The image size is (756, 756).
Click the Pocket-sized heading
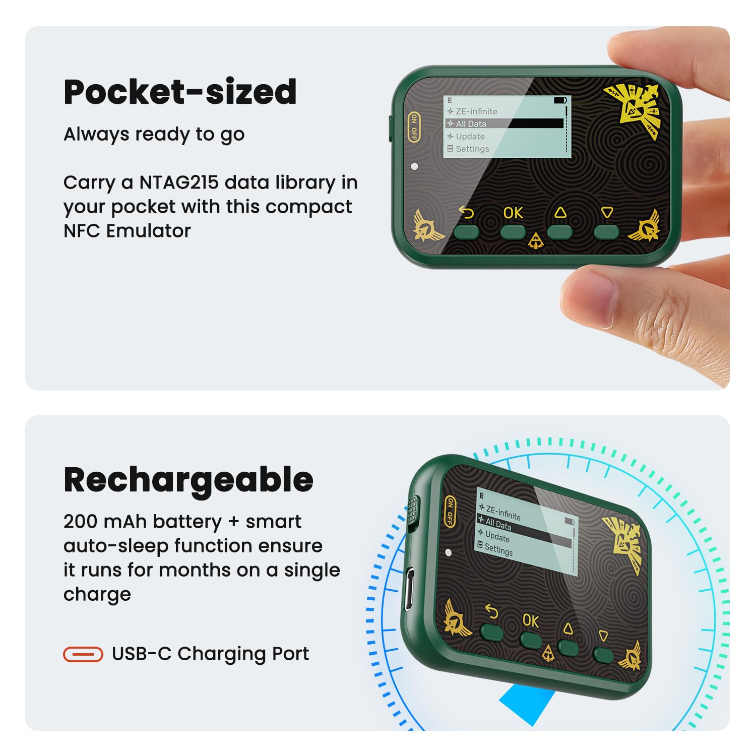180,92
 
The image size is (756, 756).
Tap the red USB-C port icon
83,654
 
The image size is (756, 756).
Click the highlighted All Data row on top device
505,123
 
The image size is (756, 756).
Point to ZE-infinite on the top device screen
472,111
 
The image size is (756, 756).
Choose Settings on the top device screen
468,149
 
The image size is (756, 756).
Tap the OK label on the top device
513,213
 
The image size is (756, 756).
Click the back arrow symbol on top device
467,213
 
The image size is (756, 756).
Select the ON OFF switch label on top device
414,127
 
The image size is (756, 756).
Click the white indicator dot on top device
414,166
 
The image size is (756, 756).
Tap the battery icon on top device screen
560,100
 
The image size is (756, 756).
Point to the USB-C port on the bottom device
410,587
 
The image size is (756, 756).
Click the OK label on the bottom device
531,620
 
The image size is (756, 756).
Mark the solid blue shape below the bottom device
527,703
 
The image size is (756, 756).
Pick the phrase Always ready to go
154,135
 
